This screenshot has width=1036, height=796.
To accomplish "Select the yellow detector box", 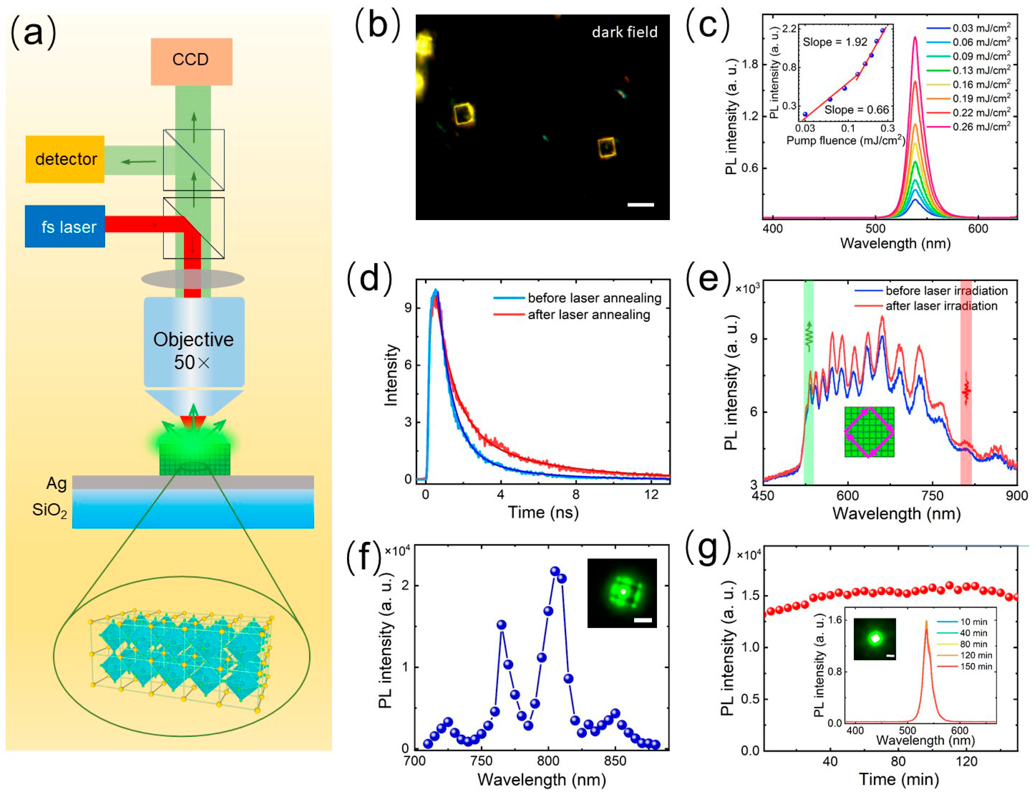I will (x=65, y=159).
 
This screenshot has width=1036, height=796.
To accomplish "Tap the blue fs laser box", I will (x=65, y=226).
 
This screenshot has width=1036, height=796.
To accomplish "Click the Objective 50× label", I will (x=193, y=351).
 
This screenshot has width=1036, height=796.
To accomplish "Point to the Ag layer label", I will (x=56, y=483).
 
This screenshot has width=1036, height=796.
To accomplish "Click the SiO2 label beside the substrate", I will (x=49, y=510).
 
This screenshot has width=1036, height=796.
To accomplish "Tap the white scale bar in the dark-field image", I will (x=640, y=205).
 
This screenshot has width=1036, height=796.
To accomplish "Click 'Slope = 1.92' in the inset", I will (x=835, y=42).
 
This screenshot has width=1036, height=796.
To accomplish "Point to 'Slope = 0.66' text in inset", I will (x=857, y=110).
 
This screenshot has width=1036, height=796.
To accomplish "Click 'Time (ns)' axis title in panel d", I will (x=543, y=512).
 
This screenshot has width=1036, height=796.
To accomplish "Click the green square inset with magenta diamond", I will (x=869, y=432).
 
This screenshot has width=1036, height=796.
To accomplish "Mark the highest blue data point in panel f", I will (x=555, y=571).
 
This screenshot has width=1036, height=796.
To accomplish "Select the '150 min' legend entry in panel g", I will (x=976, y=666).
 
